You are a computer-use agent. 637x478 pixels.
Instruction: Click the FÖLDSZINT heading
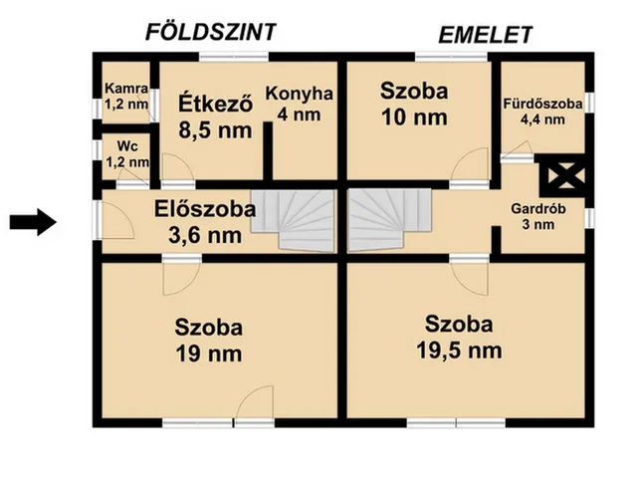[x=210, y=31]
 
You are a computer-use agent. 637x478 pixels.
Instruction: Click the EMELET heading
[x=486, y=35]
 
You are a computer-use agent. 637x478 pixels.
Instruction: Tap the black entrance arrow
[x=32, y=222]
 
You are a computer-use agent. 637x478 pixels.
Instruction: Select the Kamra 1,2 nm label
[x=126, y=95]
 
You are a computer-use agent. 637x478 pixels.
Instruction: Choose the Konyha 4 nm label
[x=300, y=105]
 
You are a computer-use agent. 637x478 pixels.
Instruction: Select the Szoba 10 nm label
[x=414, y=103]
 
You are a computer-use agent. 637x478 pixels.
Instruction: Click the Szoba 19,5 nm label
[x=460, y=337]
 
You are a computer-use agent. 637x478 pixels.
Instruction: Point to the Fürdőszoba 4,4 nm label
[x=543, y=111]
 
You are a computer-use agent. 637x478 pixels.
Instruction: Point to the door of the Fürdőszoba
[x=518, y=149]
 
